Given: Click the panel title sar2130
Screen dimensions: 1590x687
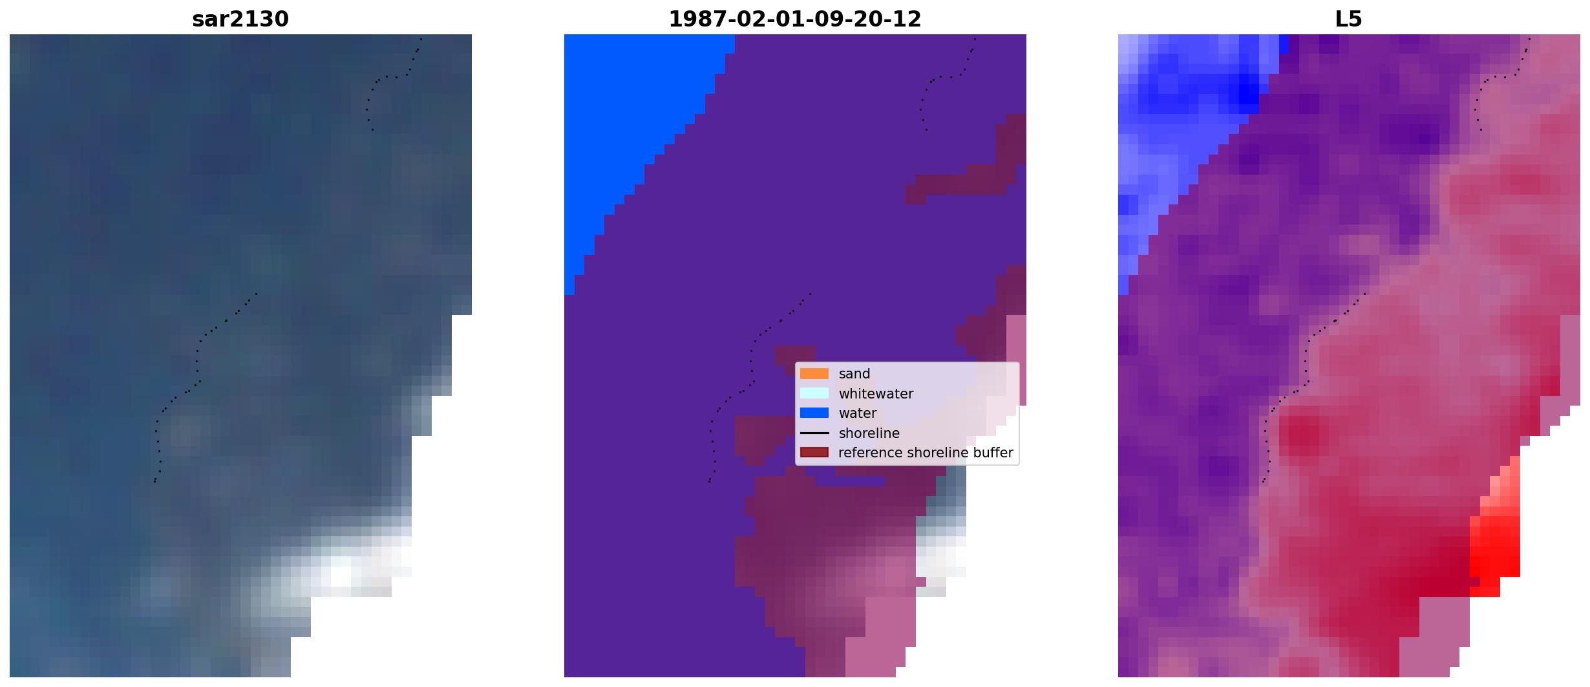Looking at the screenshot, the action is coord(240,19).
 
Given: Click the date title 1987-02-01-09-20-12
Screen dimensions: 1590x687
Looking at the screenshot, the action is coord(794,19).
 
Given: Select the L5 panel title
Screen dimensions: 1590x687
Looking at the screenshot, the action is coord(1348,19).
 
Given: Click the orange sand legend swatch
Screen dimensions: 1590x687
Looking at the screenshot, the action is coord(814,374).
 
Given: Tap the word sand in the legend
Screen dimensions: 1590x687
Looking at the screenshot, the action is coord(854,374).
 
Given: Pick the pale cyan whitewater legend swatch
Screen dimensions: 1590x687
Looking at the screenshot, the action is coord(814,393).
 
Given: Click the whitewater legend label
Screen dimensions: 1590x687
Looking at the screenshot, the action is coord(876,393).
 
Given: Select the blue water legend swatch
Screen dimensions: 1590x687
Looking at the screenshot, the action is coord(814,413).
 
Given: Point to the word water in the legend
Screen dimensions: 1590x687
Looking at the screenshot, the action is coord(857,413).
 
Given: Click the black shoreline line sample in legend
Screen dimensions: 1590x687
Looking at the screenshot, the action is coord(814,433).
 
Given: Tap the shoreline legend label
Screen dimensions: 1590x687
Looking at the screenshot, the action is coord(869,433).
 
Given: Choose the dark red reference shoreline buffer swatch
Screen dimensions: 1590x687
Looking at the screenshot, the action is coord(814,453).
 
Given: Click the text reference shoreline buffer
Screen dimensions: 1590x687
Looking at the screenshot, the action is coord(926,453).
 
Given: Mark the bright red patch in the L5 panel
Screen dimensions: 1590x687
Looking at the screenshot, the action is coord(1494,543).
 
